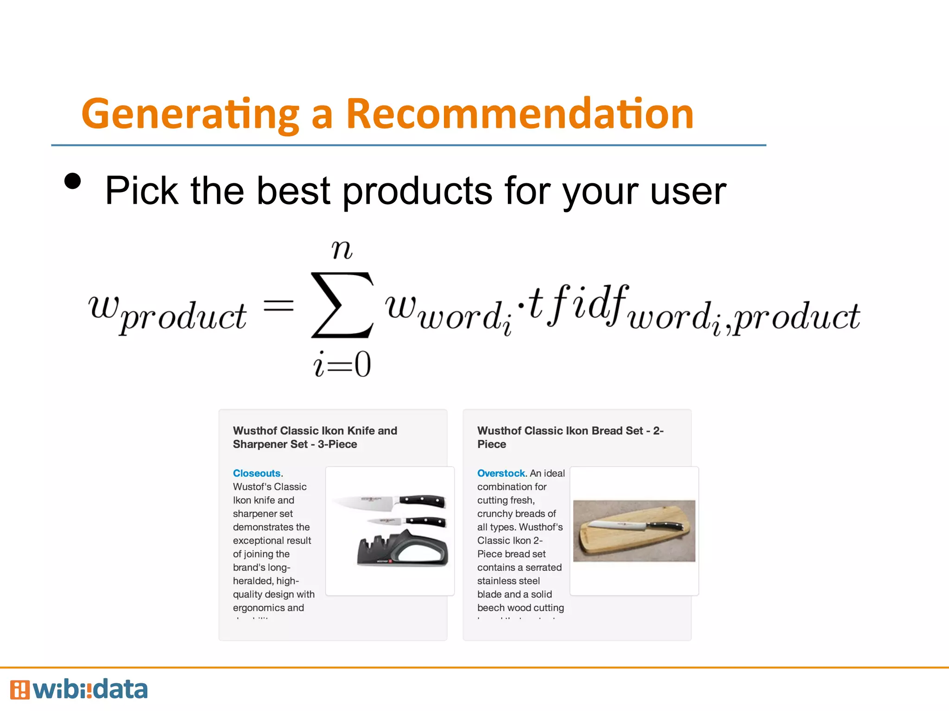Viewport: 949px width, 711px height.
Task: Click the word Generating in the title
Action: (x=190, y=114)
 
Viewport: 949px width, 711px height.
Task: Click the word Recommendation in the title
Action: (x=519, y=114)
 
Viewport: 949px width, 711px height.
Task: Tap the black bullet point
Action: (x=73, y=181)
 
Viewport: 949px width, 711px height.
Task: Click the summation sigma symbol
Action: (x=342, y=306)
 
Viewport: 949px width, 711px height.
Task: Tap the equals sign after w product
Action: (x=278, y=306)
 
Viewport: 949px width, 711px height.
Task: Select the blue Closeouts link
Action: (x=257, y=473)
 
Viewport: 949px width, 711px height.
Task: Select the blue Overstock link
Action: (x=501, y=473)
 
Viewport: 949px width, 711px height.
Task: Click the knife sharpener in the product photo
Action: (x=402, y=549)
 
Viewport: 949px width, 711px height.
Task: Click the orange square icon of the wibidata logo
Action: (x=19, y=690)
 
